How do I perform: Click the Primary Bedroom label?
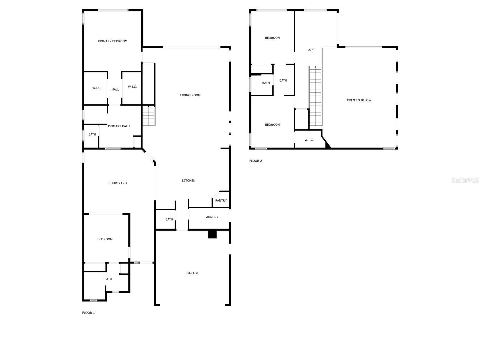click(112, 41)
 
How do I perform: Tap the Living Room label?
click(190, 95)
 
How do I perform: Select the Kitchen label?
click(189, 181)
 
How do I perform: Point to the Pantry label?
click(221, 200)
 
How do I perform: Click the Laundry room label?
click(211, 217)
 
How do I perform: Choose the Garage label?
click(193, 273)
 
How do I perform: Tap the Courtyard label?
click(118, 183)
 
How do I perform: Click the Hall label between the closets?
click(115, 89)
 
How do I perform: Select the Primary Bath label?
click(119, 126)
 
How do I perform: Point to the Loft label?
click(311, 50)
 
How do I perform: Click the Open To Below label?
click(359, 100)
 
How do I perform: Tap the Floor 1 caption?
click(88, 313)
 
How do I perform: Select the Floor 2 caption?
click(256, 161)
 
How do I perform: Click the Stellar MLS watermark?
click(465, 180)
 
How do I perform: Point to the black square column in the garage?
click(212, 234)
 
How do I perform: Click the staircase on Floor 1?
click(148, 116)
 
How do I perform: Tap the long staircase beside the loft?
click(315, 96)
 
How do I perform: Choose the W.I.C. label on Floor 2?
click(309, 140)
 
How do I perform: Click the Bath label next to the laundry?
click(169, 219)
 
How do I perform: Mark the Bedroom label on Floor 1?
click(105, 239)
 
